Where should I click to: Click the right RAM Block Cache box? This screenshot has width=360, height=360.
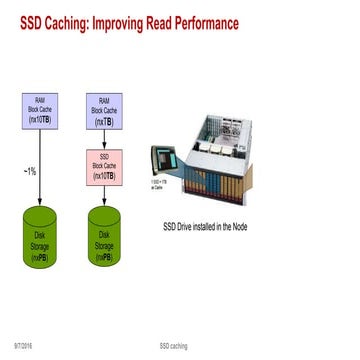tap(102, 110)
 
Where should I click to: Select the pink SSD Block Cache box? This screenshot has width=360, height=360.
tap(102, 166)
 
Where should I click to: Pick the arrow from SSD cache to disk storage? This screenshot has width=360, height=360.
tap(103, 195)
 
